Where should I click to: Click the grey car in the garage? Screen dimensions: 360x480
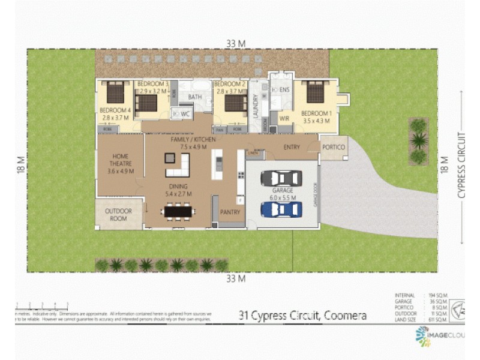[x=281, y=178]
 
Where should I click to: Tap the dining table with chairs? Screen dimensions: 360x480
[x=179, y=211]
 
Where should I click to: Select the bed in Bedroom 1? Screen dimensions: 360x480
[x=314, y=92]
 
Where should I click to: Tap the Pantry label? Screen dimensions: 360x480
[x=230, y=212]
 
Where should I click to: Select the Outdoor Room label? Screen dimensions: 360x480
[x=119, y=215]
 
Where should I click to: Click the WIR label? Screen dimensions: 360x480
[x=284, y=119]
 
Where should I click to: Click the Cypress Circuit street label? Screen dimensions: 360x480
[x=461, y=164]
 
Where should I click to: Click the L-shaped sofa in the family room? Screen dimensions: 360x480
[x=178, y=164]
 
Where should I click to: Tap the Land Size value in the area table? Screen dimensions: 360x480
[x=439, y=320]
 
